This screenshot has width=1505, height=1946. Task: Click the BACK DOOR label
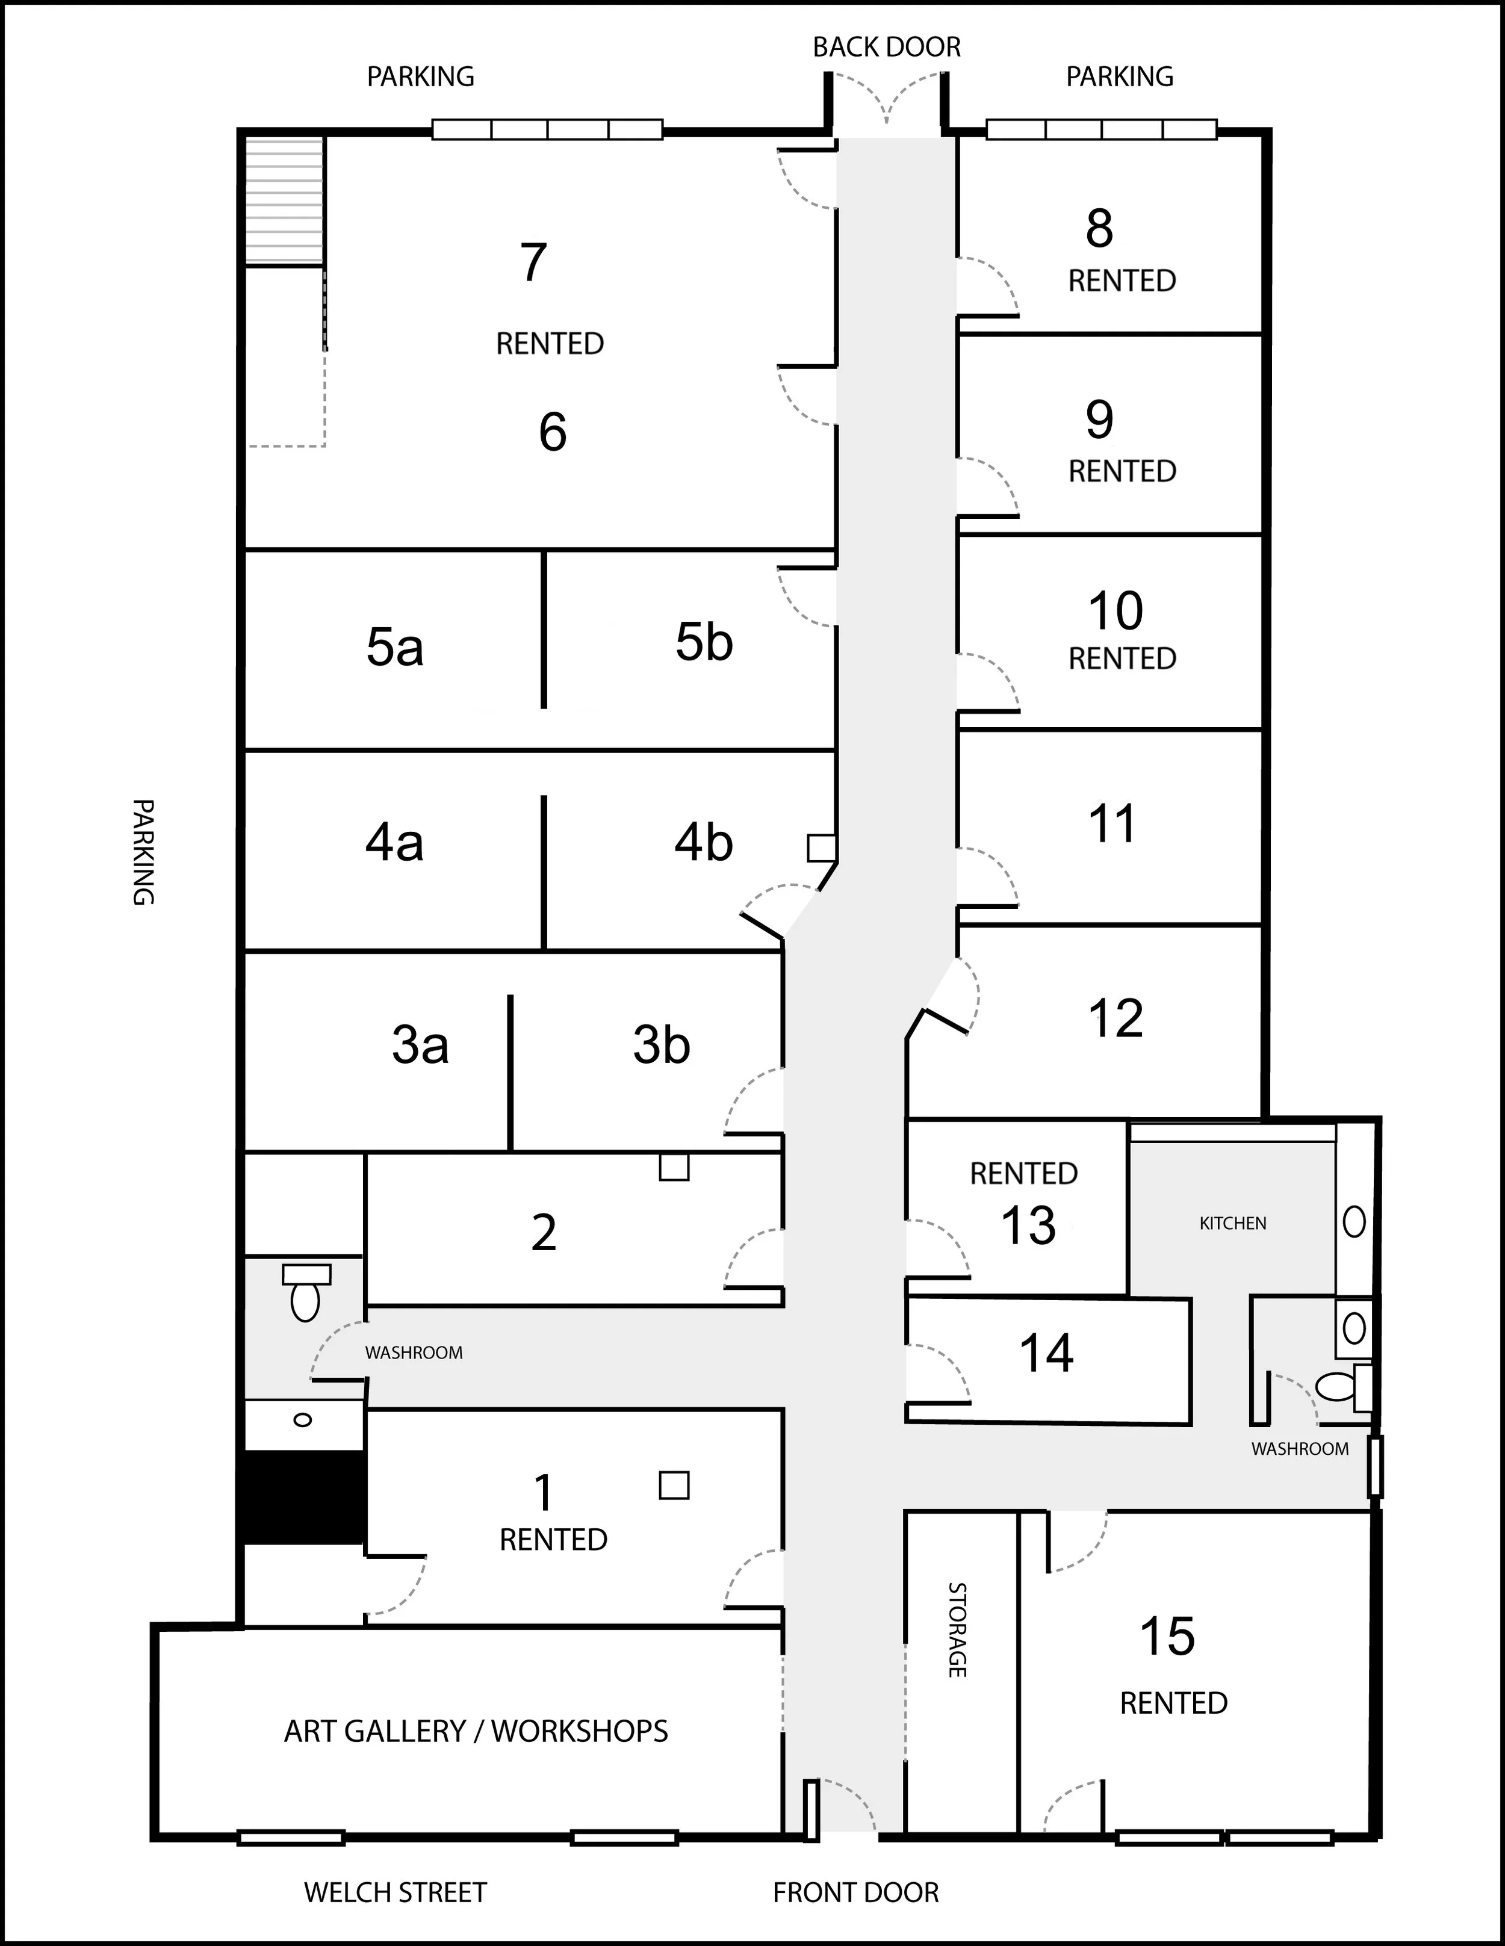[887, 47]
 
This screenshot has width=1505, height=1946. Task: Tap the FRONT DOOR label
[855, 1892]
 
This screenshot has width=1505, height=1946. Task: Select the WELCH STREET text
[396, 1892]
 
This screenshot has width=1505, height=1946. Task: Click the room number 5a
[395, 647]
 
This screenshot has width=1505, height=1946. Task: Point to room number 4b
[704, 842]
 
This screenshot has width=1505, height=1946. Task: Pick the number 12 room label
[1116, 1018]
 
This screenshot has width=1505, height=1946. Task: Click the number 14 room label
[1046, 1354]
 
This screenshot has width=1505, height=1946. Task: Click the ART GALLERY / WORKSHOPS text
[476, 1731]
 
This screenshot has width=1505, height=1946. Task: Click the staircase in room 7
[284, 200]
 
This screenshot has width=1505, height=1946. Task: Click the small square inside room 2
[674, 1167]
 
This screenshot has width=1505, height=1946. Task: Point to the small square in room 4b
[822, 848]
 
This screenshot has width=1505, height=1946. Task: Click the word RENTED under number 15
[1173, 1703]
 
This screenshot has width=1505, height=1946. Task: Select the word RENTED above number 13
[1024, 1174]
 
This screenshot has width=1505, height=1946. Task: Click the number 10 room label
[1116, 611]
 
